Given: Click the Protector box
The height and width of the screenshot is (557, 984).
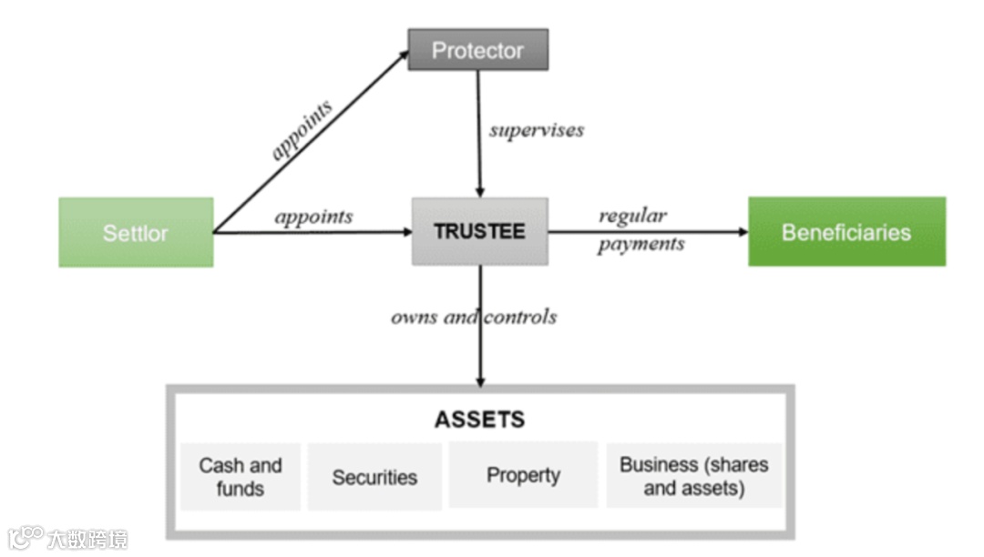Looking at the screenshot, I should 477,50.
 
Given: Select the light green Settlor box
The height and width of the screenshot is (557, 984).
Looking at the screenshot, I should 136,232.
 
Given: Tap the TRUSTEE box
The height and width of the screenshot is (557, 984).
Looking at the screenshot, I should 480,231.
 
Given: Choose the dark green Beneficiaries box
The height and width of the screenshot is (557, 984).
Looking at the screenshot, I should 846,231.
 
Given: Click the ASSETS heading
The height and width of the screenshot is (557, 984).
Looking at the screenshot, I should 479,420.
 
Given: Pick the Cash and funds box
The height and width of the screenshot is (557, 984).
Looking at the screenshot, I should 241,476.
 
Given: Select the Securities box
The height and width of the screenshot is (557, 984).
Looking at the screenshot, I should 374,477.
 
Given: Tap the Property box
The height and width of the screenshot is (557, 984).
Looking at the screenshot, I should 523,475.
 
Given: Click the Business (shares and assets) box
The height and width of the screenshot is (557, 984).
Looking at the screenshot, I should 694,475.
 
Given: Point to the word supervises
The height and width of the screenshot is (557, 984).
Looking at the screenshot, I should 536,130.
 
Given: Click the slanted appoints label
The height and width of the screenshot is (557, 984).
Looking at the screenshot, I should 302,130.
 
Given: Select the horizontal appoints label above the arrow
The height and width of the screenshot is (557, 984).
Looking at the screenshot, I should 313,217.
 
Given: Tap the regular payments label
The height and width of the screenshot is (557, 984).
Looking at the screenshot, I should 641,229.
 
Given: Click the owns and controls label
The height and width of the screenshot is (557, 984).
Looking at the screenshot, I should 474,317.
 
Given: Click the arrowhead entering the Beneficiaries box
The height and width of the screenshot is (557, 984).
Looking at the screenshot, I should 742,232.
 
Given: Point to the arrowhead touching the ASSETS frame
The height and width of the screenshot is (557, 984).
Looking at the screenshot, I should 480,380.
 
